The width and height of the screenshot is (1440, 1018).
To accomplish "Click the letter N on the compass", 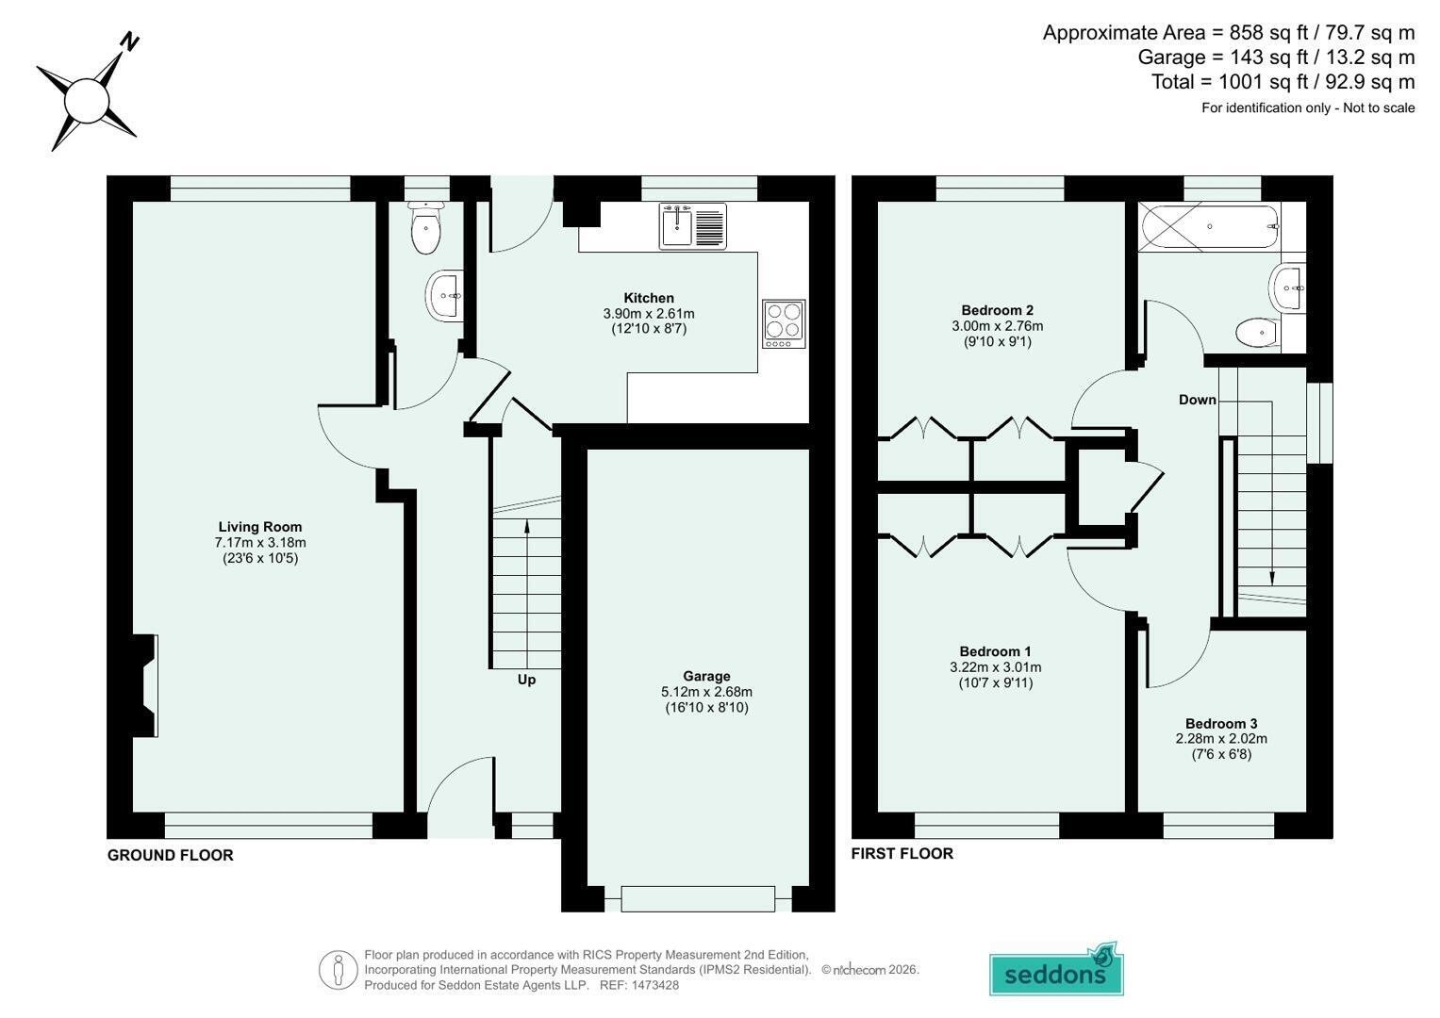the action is (x=130, y=41).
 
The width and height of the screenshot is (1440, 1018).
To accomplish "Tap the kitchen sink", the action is (x=692, y=225).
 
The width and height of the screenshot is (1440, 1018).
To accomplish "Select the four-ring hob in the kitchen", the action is (x=784, y=324).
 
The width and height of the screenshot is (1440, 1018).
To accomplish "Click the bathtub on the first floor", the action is (x=1209, y=226).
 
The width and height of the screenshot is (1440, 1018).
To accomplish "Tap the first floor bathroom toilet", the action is (x=1258, y=333).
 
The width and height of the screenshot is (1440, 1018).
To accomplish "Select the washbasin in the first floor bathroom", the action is (x=1287, y=288).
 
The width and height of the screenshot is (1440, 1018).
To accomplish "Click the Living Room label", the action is (x=259, y=527).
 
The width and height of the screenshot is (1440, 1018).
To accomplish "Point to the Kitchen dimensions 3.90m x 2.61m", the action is (x=649, y=314).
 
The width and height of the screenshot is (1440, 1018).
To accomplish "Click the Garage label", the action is (x=706, y=676).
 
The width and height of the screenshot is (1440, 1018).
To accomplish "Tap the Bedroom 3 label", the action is (x=1221, y=724).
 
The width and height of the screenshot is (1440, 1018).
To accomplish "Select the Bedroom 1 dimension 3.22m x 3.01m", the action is (x=996, y=667).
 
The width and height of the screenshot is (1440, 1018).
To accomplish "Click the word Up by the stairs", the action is (x=526, y=680).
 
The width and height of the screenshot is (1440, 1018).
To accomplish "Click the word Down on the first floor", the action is (x=1197, y=400).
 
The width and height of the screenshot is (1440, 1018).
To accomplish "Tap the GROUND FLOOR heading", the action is (x=171, y=856).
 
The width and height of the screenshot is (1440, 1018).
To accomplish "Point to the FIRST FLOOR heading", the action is (x=902, y=853).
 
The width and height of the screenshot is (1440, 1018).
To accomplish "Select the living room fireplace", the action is (x=145, y=686).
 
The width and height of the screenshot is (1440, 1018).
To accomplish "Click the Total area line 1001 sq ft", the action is (x=1283, y=82).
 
